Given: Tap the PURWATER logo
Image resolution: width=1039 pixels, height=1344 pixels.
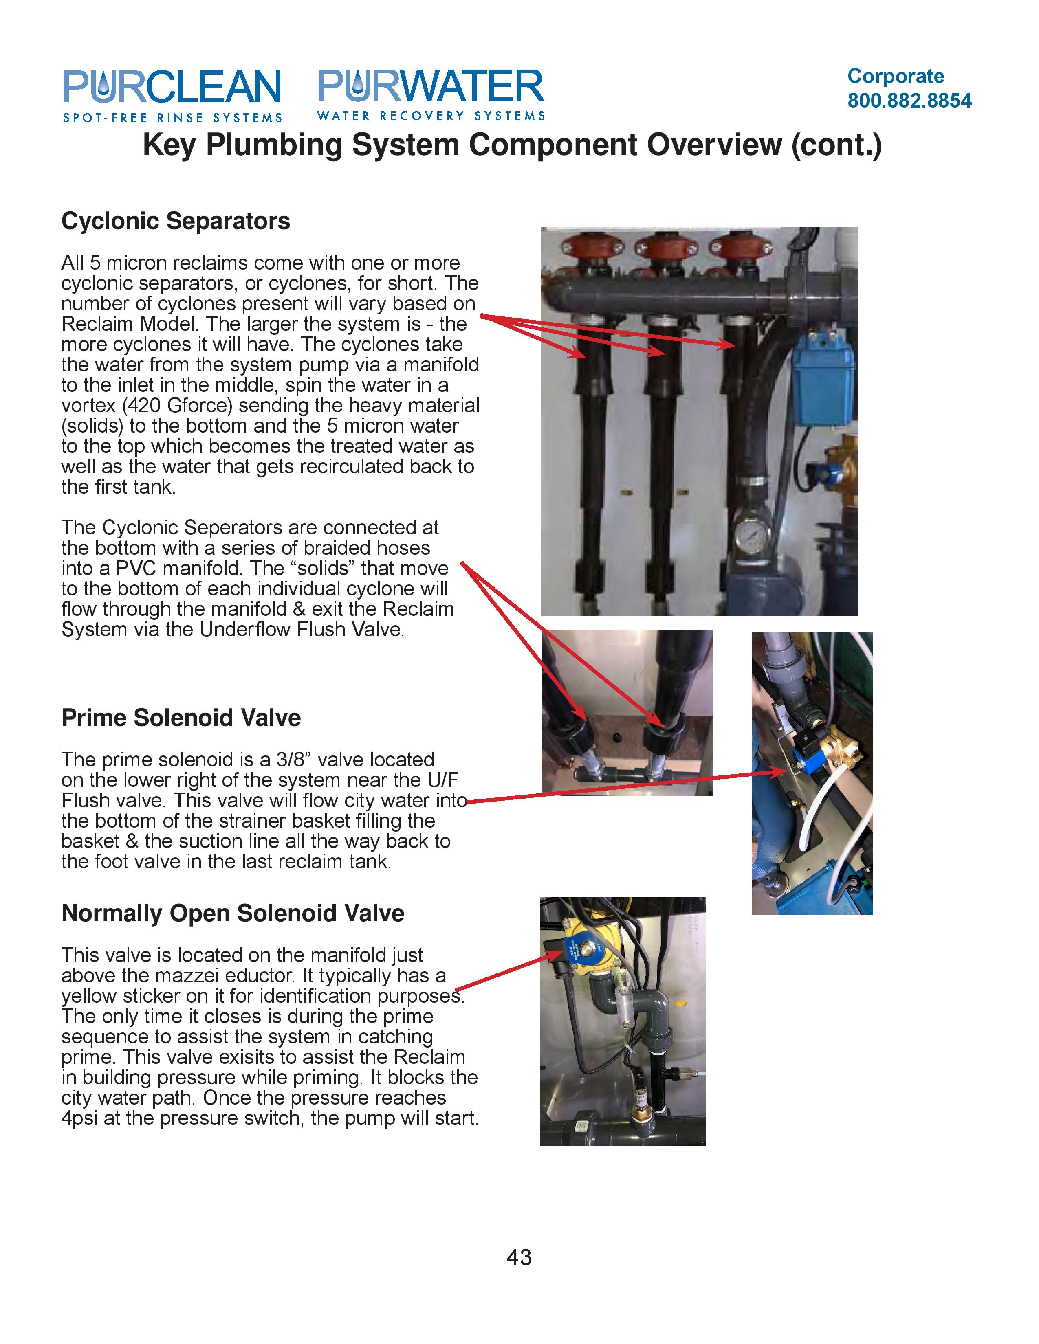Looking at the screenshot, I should tap(431, 94).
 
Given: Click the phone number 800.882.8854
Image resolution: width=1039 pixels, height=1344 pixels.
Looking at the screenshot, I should tap(909, 100).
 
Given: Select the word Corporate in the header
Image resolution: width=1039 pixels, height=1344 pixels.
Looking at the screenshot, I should tap(895, 76).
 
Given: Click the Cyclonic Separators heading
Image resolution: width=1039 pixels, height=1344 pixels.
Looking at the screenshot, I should tap(176, 221).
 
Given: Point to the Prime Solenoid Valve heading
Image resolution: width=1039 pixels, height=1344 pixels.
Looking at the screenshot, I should tap(181, 718).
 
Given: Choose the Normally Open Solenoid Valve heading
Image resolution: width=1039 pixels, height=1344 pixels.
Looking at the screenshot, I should tap(233, 913).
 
